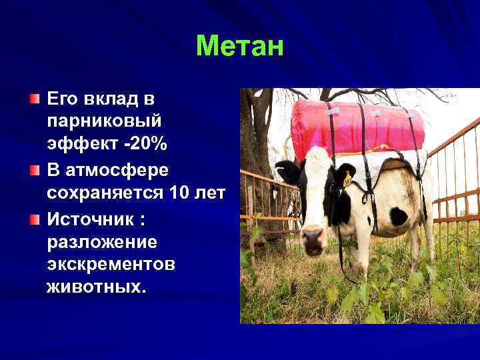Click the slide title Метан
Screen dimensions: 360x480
pos(240,46)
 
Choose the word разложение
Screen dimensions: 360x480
pos(101,241)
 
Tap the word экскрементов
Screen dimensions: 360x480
pos(111,265)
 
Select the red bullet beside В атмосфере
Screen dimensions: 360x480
pos(35,171)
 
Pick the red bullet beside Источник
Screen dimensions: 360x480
pos(35,218)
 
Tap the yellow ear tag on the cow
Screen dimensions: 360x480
pos(347,179)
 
